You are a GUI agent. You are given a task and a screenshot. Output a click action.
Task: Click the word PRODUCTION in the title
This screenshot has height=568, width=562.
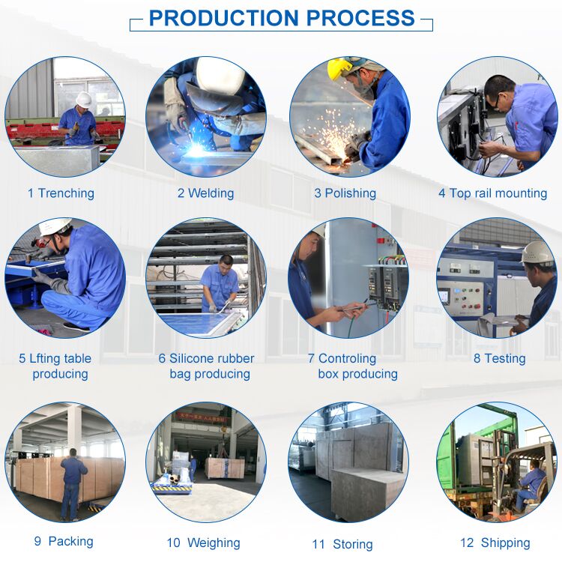coord(224,18)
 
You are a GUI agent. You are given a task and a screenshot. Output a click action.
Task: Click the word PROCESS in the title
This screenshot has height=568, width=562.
coord(360,18)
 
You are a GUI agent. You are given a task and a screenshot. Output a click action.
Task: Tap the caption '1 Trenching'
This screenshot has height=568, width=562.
coord(61,193)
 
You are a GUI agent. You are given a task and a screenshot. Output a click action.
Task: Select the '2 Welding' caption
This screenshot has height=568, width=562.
coord(205,193)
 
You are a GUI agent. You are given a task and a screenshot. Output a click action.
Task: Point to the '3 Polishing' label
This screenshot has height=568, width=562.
coord(345,193)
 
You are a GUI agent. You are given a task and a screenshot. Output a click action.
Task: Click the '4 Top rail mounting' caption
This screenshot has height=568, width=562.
coord(493,193)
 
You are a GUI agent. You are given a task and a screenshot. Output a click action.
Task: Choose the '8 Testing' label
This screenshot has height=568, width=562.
coord(500,358)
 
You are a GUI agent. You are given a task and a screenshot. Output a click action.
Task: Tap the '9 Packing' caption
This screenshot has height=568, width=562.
coord(64,541)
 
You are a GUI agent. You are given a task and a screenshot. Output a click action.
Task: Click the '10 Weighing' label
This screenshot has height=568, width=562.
coord(203,543)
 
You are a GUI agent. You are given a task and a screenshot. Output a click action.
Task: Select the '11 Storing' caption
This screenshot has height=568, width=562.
coord(342,544)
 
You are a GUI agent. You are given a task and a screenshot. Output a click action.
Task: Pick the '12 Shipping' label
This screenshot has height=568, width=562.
coord(495,543)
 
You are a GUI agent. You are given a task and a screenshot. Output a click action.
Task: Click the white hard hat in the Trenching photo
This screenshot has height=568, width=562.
coord(84,99)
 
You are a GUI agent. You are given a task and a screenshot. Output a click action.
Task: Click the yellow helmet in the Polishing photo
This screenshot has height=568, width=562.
coord(339,68)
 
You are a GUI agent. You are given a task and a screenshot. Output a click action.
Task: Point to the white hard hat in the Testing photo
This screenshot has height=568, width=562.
coord(537,253)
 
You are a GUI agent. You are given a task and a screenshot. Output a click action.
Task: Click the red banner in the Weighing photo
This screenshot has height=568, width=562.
coord(201,417)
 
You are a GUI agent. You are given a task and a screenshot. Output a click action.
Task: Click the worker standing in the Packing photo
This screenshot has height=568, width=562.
coord(73,484)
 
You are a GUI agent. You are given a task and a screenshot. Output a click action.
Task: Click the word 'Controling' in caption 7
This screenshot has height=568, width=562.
coord(347,358)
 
